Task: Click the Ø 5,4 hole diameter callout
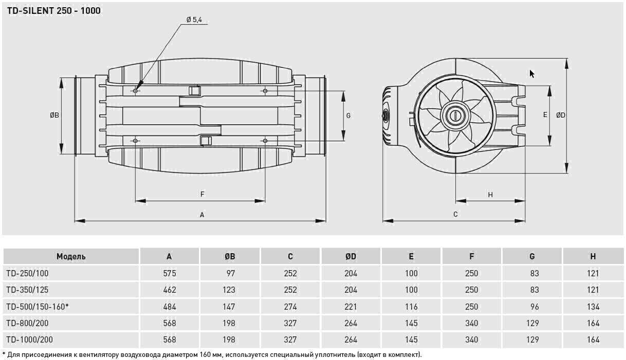pyautogui.click(x=194, y=20)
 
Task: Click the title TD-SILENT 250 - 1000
pyautogui.click(x=53, y=11)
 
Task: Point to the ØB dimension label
pyautogui.click(x=54, y=115)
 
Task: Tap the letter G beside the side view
pyautogui.click(x=348, y=116)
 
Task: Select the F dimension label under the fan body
pyautogui.click(x=202, y=194)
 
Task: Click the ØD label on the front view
pyautogui.click(x=561, y=115)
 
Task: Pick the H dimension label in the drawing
pyautogui.click(x=490, y=195)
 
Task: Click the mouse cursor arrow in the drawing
pyautogui.click(x=532, y=74)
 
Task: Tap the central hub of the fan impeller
pyautogui.click(x=455, y=115)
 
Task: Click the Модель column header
pyautogui.click(x=71, y=256)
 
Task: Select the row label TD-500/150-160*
pyautogui.click(x=38, y=307)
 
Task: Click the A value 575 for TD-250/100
pyautogui.click(x=170, y=273)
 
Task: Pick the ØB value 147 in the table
pyautogui.click(x=229, y=307)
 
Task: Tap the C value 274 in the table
pyautogui.click(x=290, y=307)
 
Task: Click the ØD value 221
pyautogui.click(x=351, y=307)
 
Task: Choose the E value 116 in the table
pyautogui.click(x=411, y=307)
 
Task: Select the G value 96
pyautogui.click(x=535, y=307)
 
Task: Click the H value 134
pyautogui.click(x=593, y=307)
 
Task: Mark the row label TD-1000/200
pyautogui.click(x=29, y=339)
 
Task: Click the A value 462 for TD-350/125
pyautogui.click(x=170, y=290)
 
